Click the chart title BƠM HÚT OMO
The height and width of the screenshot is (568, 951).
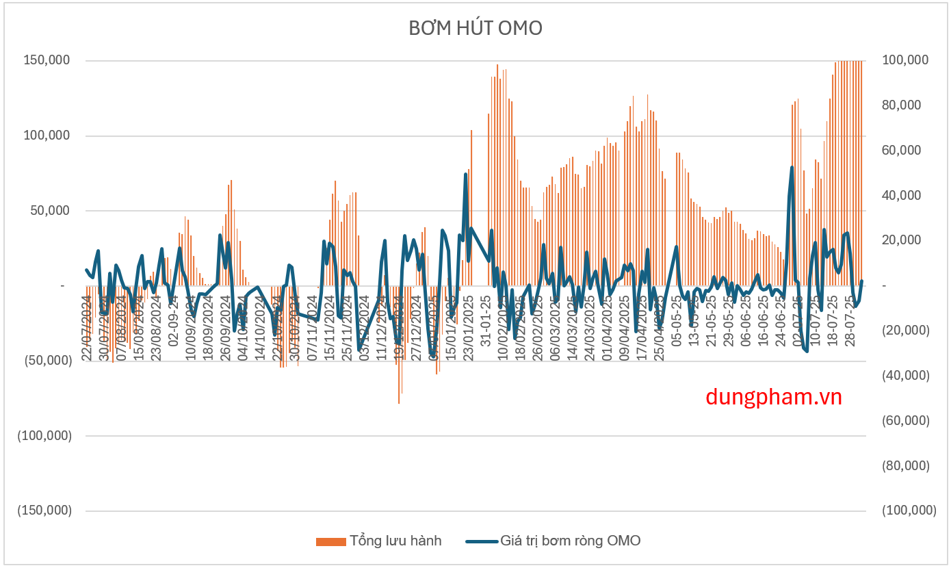coord(475,28)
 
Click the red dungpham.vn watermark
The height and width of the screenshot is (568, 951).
coord(773,396)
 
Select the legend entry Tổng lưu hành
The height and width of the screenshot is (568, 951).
coord(395,541)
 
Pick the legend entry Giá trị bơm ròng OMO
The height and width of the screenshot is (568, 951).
coord(570,541)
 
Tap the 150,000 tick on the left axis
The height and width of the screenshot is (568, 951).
coord(47,60)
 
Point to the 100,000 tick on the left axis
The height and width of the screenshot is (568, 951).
coord(47,135)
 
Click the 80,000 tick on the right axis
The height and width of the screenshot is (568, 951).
coord(904,105)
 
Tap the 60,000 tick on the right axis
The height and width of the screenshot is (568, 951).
coord(904,151)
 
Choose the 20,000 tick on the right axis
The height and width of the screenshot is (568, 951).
coord(904,240)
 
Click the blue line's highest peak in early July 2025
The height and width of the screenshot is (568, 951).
coord(792,167)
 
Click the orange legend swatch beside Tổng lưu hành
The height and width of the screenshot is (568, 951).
coord(330,541)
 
